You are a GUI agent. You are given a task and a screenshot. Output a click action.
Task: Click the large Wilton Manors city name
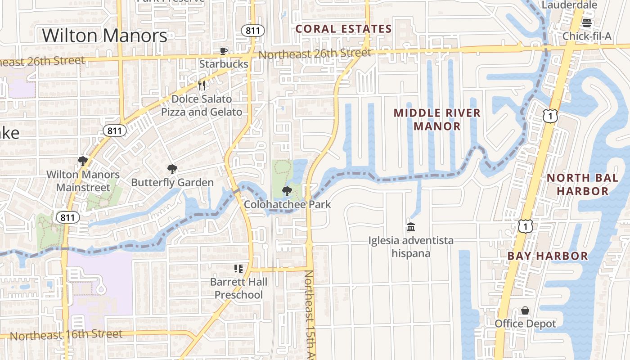[x=104, y=36]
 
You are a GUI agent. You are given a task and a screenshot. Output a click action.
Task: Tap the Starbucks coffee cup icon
[x=224, y=51]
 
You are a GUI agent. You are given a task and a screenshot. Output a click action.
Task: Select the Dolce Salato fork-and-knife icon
[x=202, y=85]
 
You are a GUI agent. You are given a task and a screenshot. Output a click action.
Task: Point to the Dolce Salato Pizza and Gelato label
[x=202, y=105]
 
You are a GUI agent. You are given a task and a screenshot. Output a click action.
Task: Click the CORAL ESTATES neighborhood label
[x=343, y=29]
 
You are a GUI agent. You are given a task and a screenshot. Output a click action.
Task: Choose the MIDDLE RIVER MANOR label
[x=437, y=119]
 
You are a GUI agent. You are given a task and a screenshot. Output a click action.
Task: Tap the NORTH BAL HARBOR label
[x=582, y=184]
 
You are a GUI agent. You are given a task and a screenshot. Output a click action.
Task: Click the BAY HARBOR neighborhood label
[x=548, y=256]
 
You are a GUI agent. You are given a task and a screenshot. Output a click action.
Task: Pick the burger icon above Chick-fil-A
[x=586, y=22]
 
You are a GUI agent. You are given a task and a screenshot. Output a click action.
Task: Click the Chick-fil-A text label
[x=587, y=36]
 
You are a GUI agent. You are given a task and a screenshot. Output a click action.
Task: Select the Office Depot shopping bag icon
[x=525, y=310]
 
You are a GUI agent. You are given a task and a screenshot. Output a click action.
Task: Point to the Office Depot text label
[x=525, y=324]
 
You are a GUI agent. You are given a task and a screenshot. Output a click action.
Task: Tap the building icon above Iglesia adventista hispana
[x=410, y=227]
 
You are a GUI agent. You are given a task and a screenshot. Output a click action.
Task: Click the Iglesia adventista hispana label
[x=410, y=247]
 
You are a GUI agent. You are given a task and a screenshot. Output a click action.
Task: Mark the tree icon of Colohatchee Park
[x=287, y=191]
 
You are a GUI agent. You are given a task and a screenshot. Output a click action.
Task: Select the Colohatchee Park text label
[x=287, y=204]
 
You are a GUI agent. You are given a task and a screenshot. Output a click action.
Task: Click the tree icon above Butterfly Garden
[x=172, y=169]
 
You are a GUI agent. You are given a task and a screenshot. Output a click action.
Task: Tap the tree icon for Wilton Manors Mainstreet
[x=83, y=161]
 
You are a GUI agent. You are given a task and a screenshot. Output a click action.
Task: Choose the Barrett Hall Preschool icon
[x=238, y=269]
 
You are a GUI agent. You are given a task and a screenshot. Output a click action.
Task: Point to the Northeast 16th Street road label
[x=66, y=334]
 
